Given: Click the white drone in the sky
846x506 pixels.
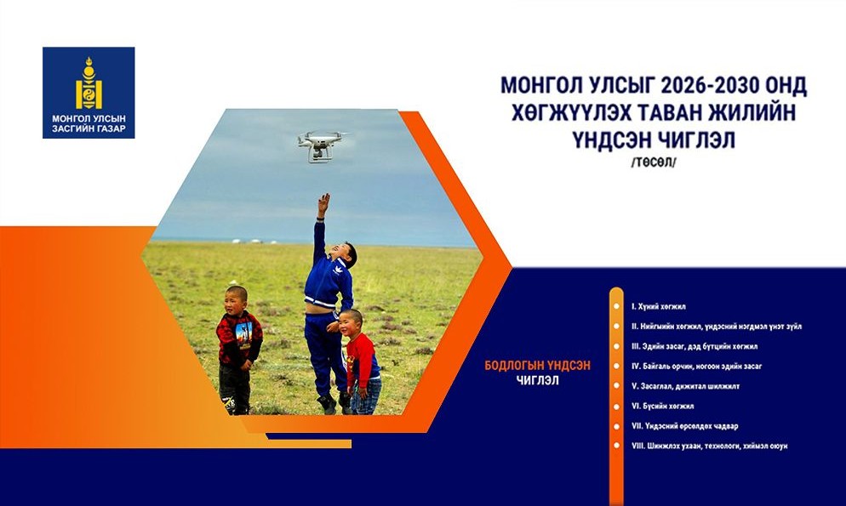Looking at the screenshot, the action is tap(322, 145).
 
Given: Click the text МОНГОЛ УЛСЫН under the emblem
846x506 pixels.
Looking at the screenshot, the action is tap(89, 118).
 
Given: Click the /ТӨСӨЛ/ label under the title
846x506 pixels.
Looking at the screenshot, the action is tap(654, 163).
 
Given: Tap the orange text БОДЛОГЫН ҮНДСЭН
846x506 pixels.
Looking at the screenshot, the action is tap(537, 366).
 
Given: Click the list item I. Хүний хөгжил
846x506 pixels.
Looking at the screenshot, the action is tap(658, 307).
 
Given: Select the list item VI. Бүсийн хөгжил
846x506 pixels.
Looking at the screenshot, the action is tap(662, 406).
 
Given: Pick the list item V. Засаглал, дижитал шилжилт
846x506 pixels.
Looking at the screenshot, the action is tap(685, 386).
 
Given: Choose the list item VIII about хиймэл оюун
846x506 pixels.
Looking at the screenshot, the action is tap(709, 446).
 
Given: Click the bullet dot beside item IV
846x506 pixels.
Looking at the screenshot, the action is tap(616, 366).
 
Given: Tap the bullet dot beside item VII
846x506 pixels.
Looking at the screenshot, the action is tap(616, 426).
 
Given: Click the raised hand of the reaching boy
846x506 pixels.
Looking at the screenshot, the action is tap(323, 202).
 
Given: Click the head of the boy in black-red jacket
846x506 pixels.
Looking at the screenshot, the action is tap(237, 299).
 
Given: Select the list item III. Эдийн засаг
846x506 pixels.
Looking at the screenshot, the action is tap(695, 346).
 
